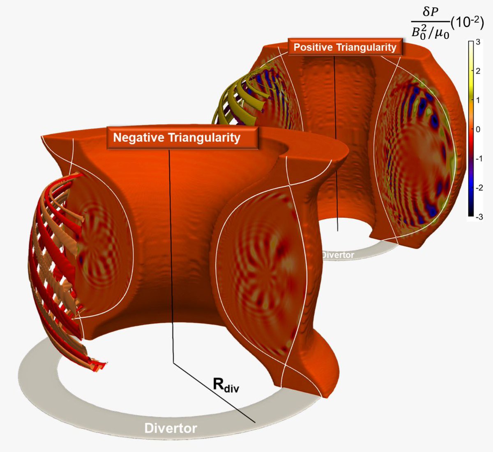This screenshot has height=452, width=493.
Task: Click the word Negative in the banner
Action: (138, 137)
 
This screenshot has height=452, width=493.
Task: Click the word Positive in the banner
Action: (313, 47)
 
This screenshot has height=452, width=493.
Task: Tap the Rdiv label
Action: (226, 385)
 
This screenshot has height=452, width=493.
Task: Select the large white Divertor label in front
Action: (170, 429)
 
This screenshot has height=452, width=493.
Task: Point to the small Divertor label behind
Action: (338, 255)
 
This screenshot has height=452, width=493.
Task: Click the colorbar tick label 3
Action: (478, 42)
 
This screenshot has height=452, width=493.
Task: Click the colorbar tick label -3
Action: (479, 217)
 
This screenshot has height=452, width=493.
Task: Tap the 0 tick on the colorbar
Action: (478, 130)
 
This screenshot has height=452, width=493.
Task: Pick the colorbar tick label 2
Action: (478, 71)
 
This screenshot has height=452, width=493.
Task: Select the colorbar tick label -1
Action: (479, 159)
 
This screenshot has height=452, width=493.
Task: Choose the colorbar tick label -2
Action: (479, 188)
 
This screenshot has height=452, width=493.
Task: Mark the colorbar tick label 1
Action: (478, 100)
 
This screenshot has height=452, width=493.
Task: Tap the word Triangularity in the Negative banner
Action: (204, 138)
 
